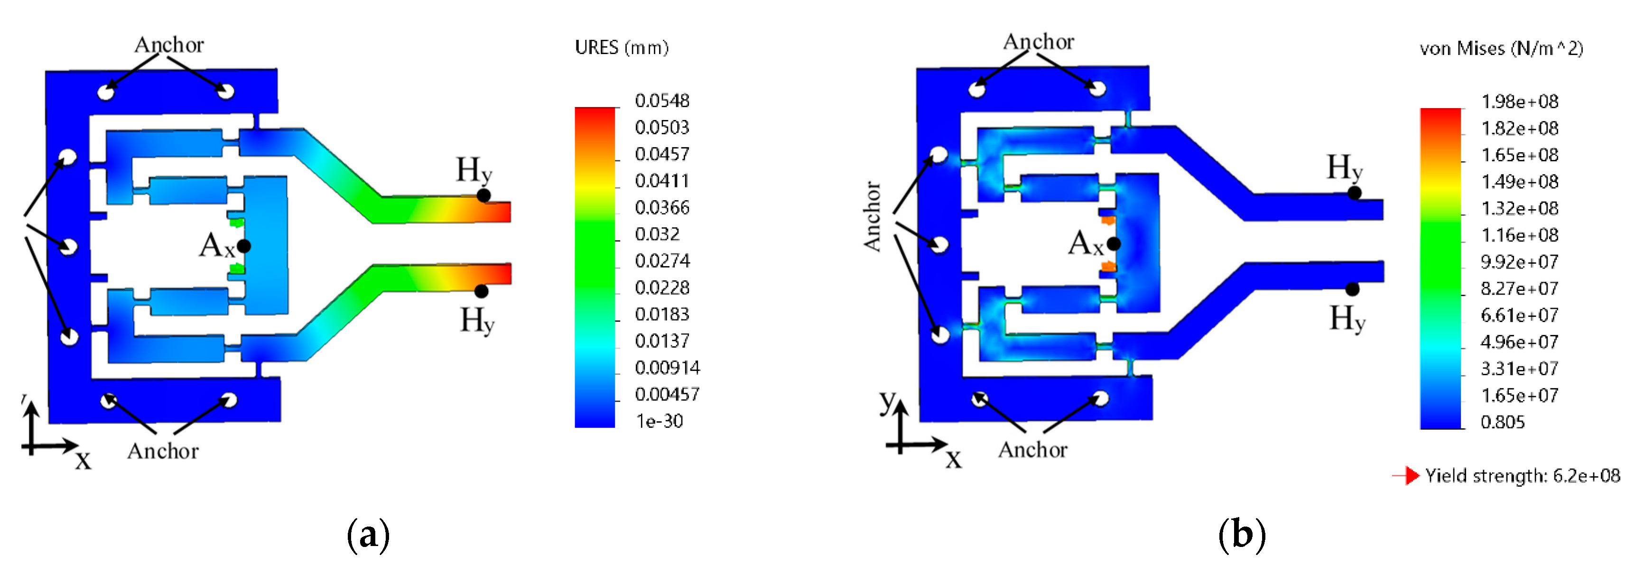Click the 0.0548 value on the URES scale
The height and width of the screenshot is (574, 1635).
point(662,100)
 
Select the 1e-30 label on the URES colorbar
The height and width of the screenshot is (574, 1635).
point(660,421)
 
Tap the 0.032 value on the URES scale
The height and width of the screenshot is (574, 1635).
point(657,234)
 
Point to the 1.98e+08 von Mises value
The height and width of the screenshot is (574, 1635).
point(1520,102)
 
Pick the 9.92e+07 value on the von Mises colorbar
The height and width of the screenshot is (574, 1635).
point(1520,261)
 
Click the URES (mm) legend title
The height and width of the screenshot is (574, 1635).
point(622,47)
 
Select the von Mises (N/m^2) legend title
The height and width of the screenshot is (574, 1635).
point(1501,48)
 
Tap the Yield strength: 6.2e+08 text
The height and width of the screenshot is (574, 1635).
point(1523,476)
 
